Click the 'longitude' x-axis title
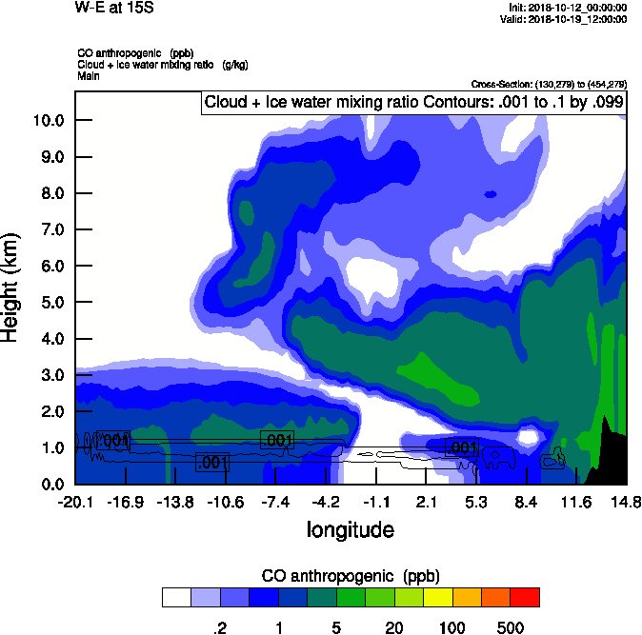click(x=351, y=528)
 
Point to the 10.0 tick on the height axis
click(x=47, y=120)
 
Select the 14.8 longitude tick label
click(x=626, y=501)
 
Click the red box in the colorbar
click(x=525, y=597)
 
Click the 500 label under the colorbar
click(x=511, y=627)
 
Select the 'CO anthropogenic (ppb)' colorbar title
click(x=351, y=576)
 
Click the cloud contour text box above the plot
click(x=413, y=103)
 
